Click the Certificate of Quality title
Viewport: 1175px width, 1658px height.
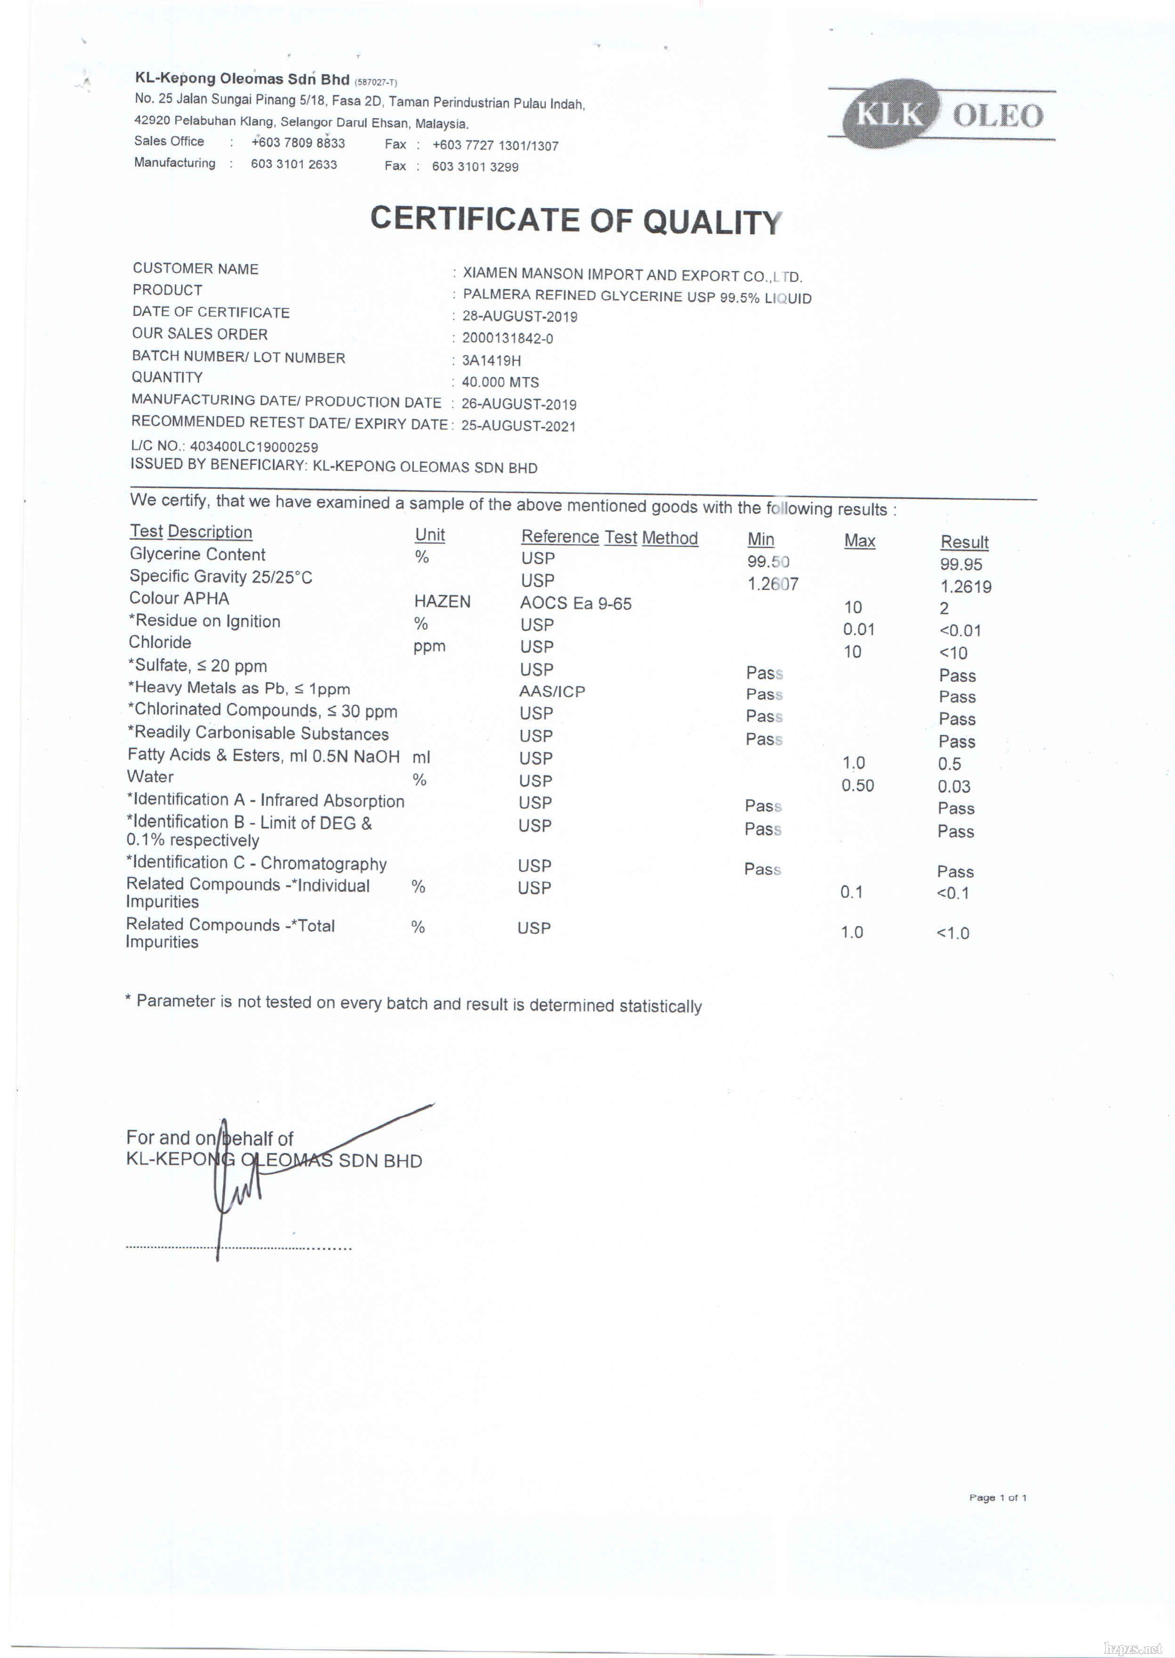(576, 220)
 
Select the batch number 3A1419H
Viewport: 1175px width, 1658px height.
(491, 360)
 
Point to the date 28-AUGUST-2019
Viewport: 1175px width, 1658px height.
(520, 316)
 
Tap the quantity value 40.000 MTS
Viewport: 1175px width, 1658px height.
(500, 382)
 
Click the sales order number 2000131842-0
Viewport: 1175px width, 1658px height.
(507, 339)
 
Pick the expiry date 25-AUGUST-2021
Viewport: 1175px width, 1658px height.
(518, 426)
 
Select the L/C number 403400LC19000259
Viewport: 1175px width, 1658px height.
(253, 446)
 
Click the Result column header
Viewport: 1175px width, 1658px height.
(964, 542)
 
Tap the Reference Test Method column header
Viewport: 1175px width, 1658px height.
(609, 537)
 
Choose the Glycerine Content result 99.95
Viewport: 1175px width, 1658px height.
(961, 564)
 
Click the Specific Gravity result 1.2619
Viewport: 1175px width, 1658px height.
(965, 586)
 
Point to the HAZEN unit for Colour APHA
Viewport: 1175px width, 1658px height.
(442, 601)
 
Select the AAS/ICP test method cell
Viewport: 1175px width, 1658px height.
(552, 691)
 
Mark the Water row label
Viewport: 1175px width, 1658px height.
(151, 776)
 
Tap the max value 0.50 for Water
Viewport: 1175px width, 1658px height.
(857, 785)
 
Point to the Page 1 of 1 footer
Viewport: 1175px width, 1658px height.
(998, 1497)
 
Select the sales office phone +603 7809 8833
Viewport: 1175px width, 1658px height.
(298, 143)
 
